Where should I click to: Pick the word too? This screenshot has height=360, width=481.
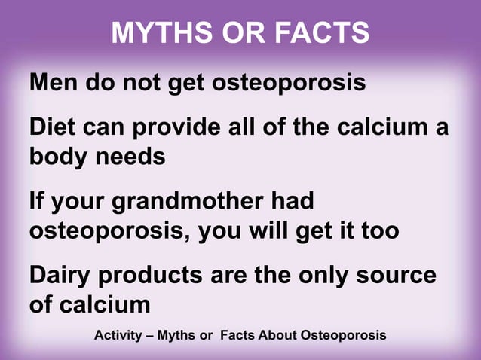pyautogui.click(x=377, y=230)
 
